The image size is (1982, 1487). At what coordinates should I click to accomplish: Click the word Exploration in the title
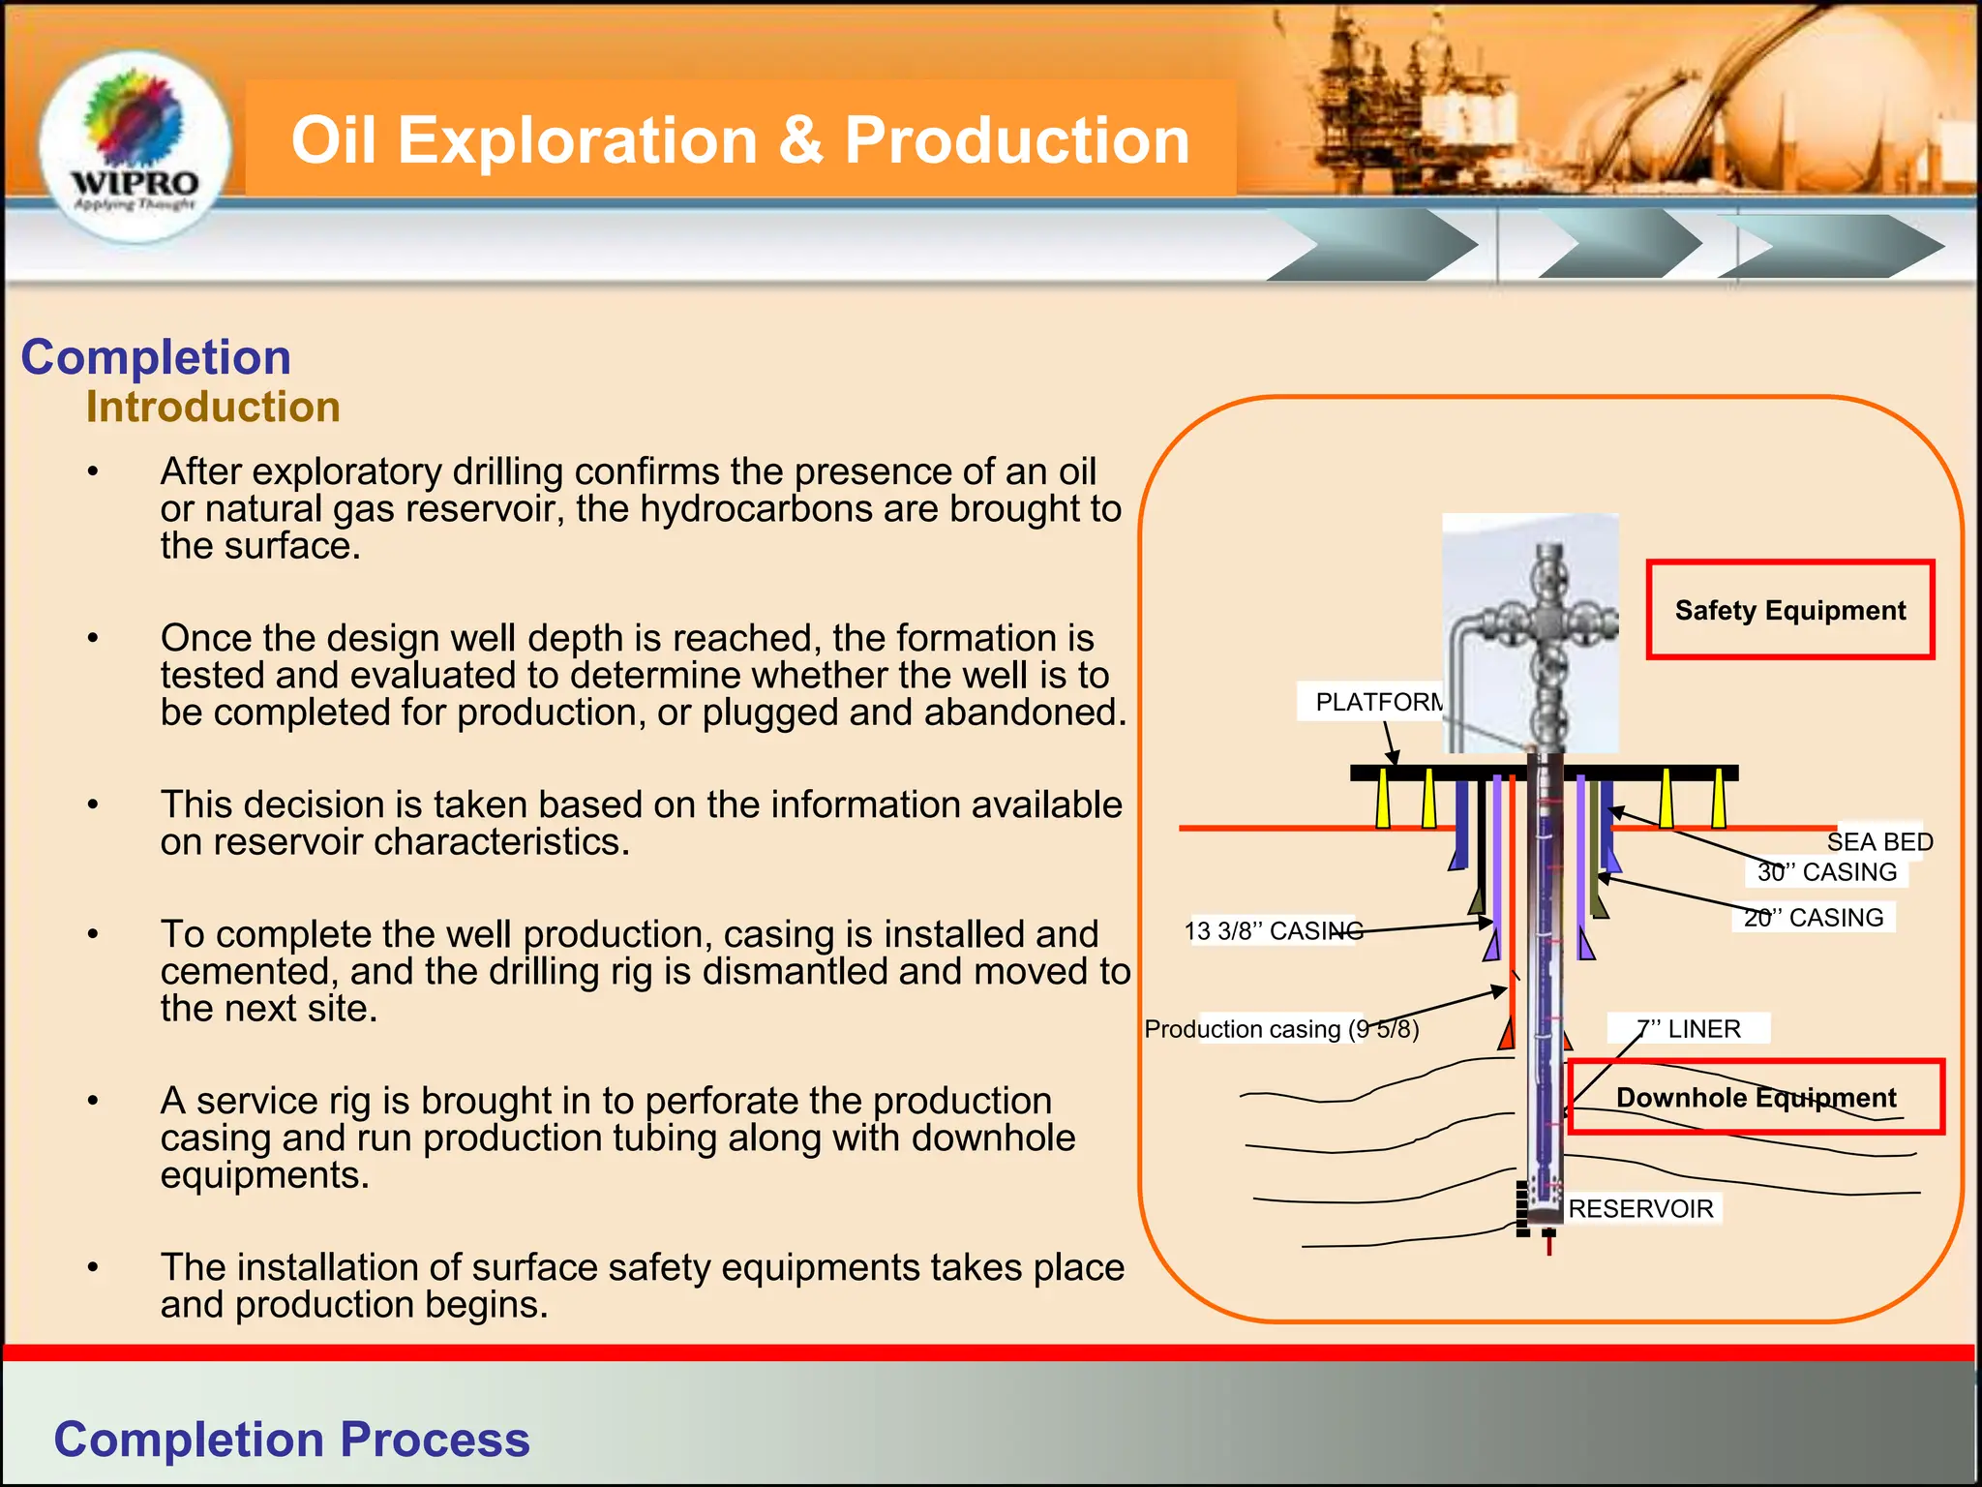[x=577, y=140]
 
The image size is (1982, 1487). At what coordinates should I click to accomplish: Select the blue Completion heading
[x=156, y=357]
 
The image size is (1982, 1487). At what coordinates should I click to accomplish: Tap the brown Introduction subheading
[x=213, y=407]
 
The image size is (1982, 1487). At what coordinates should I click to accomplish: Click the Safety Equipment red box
[x=1789, y=610]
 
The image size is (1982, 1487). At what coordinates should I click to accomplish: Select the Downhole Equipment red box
[x=1755, y=1097]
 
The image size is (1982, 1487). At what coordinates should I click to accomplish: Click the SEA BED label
[x=1878, y=841]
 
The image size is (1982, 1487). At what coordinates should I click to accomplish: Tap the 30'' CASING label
[x=1826, y=872]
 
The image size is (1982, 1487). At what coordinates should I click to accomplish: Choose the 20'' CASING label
[x=1813, y=917]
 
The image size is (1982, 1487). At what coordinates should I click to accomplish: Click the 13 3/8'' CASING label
[x=1273, y=931]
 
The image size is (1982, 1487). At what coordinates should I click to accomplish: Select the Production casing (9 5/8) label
[x=1280, y=1029]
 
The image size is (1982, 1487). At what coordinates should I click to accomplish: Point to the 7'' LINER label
[x=1688, y=1028]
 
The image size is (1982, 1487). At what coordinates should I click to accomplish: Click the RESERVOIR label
[x=1640, y=1208]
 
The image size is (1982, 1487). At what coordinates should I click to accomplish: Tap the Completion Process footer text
[x=291, y=1439]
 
